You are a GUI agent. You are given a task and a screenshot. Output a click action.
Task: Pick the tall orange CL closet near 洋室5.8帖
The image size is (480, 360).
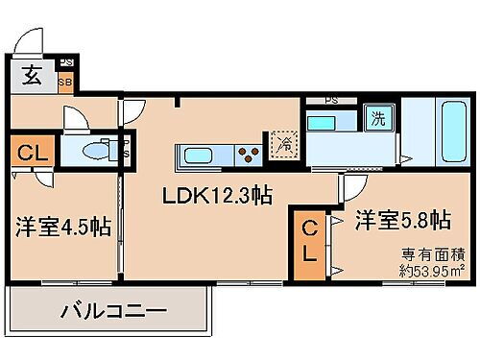coord(310,243)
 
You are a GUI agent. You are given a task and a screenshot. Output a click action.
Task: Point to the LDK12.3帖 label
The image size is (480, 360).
coord(217,197)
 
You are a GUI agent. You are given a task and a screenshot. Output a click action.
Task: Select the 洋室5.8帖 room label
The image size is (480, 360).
coord(402,220)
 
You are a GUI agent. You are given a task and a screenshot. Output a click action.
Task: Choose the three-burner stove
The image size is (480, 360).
coord(250,154)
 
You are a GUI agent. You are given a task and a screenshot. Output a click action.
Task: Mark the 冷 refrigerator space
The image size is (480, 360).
coord(284,146)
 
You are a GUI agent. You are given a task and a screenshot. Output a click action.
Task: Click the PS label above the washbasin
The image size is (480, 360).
coord(330,100)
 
